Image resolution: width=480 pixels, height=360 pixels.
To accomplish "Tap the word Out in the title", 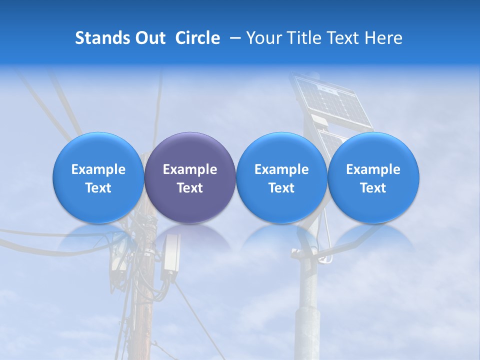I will [x=147, y=38].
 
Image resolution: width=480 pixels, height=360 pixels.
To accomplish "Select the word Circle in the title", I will [x=197, y=38].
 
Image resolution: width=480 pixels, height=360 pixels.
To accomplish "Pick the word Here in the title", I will [x=384, y=38].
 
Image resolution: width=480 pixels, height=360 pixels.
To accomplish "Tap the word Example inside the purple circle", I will [x=190, y=169].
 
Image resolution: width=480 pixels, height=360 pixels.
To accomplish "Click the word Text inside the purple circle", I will [x=190, y=188].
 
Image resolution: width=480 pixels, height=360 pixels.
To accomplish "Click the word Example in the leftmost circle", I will [x=98, y=169].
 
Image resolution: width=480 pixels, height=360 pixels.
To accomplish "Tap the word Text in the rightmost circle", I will [x=373, y=188].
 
